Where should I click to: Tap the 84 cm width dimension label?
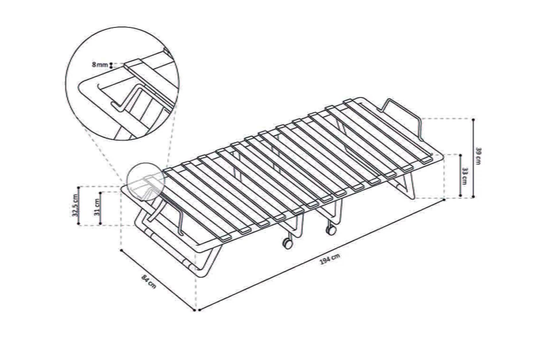(149, 282)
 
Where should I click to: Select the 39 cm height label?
(478, 156)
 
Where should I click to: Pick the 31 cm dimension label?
(97, 207)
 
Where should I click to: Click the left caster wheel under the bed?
(288, 244)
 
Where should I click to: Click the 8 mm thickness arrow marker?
(111, 65)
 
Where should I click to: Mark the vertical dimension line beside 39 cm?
(473, 158)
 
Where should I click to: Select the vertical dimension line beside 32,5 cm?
(78, 205)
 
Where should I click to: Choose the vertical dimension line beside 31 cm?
(100, 208)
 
